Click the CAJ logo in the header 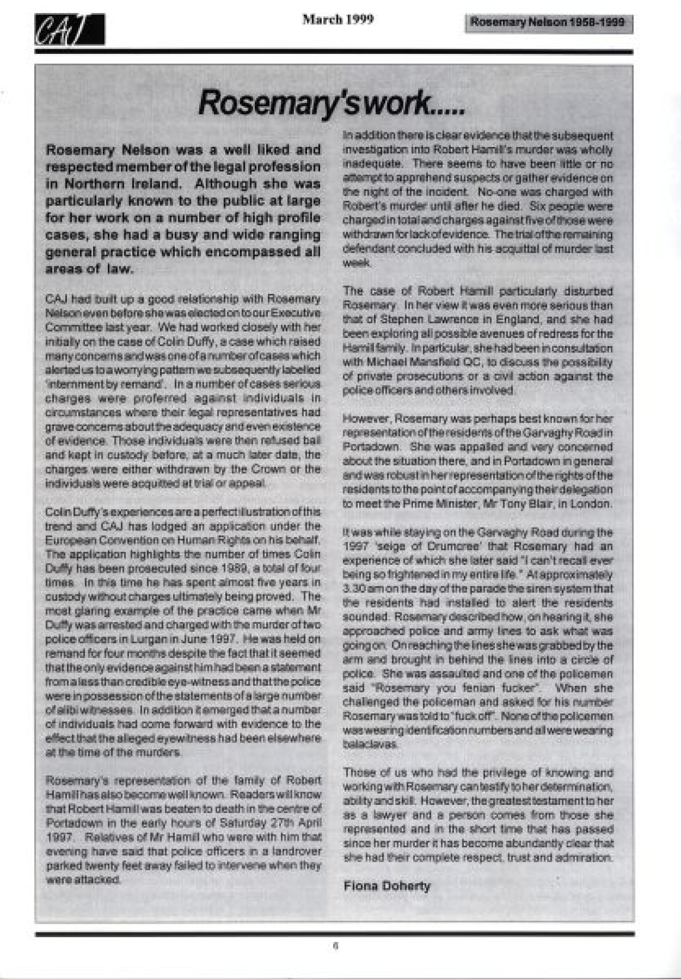[69, 29]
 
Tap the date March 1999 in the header [338, 20]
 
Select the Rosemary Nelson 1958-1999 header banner [548, 23]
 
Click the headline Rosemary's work [332, 103]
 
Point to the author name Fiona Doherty [387, 885]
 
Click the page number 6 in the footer [335, 946]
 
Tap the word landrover [296, 851]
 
